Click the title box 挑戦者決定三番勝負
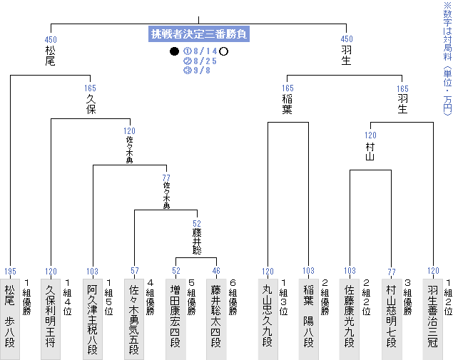click(199, 34)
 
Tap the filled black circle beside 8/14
click(174, 51)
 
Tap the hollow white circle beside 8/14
click(223, 51)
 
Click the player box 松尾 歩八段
click(10, 319)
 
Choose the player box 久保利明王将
click(51, 319)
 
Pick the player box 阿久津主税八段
click(93, 319)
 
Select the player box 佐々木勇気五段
click(134, 319)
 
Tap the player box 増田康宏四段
click(175, 319)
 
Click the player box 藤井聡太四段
click(216, 319)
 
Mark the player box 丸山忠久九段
click(268, 319)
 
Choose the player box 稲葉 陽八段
click(309, 319)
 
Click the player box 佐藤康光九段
click(350, 319)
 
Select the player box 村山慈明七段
click(392, 319)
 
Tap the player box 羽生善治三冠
click(433, 319)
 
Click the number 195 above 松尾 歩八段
click(11, 272)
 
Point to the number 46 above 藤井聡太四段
click(216, 271)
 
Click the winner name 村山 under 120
click(370, 152)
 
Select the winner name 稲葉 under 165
click(287, 104)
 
